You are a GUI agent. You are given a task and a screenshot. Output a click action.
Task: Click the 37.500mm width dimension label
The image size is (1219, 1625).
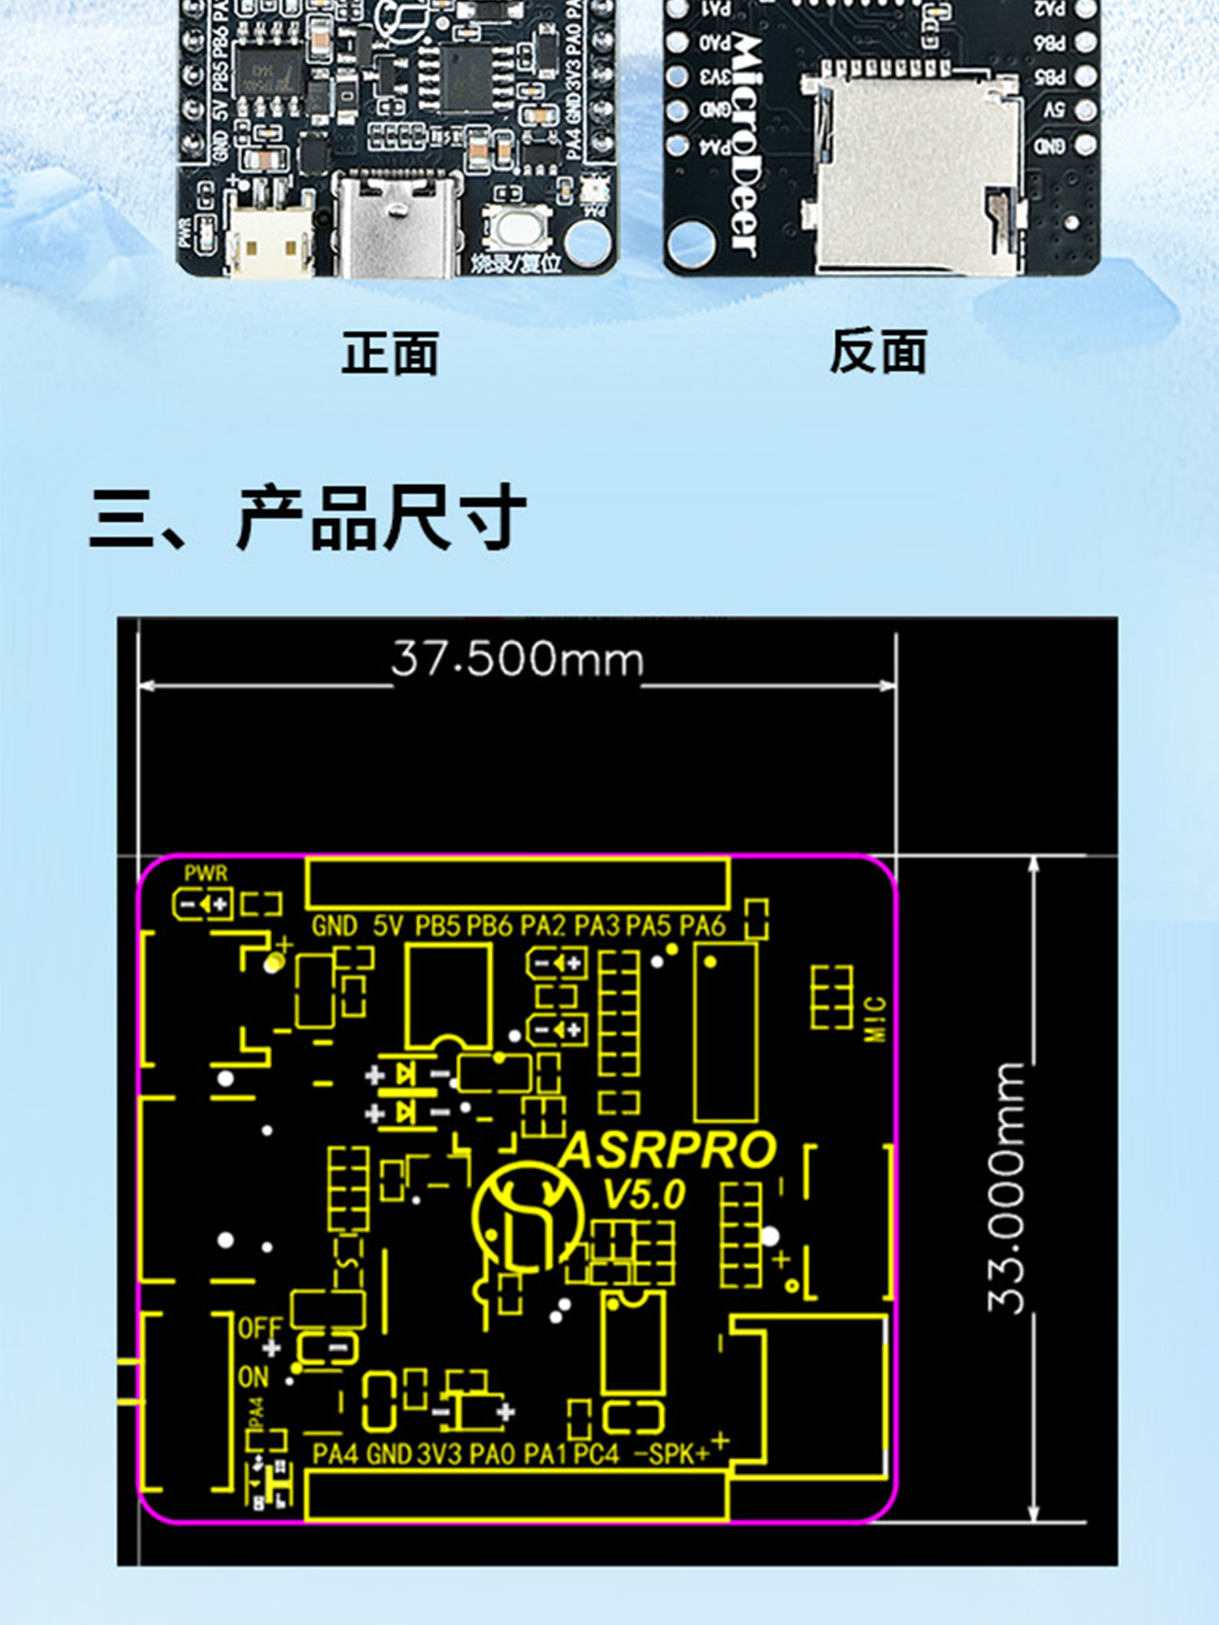pyautogui.click(x=517, y=659)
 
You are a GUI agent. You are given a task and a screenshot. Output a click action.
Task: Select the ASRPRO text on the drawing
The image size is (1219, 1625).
pyautogui.click(x=668, y=1150)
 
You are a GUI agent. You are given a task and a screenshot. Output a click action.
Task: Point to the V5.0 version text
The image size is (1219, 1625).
pyautogui.click(x=644, y=1194)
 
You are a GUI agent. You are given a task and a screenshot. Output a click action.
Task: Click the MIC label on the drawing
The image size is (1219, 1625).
pyautogui.click(x=874, y=1019)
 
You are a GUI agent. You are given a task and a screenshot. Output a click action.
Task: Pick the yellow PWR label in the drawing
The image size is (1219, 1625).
pyautogui.click(x=206, y=873)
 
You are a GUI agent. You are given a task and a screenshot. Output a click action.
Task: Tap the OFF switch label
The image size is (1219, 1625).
pyautogui.click(x=260, y=1328)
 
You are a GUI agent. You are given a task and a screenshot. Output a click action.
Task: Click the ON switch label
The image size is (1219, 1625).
pyautogui.click(x=253, y=1377)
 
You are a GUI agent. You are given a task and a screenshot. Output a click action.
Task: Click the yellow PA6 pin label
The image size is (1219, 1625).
pyautogui.click(x=701, y=925)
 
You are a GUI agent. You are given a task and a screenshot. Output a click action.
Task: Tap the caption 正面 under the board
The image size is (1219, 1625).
pyautogui.click(x=390, y=353)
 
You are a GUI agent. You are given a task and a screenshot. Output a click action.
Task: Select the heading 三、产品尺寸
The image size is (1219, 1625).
pyautogui.click(x=308, y=518)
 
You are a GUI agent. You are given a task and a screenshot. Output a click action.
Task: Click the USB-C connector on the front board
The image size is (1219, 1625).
pyautogui.click(x=397, y=227)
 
